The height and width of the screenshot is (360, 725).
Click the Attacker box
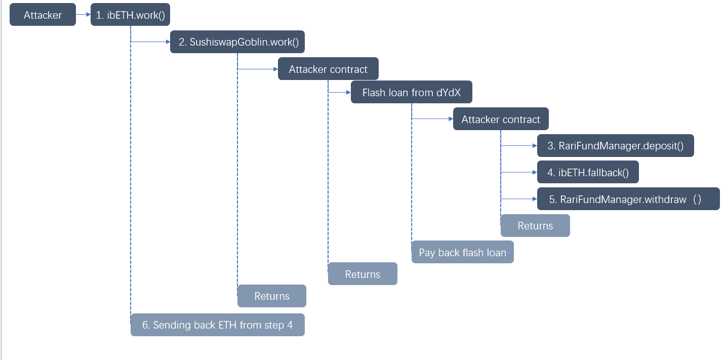(43, 15)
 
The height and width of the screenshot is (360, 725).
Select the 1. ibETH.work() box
(130, 15)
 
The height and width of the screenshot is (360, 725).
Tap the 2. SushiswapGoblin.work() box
(237, 42)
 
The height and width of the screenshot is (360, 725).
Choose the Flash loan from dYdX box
(411, 93)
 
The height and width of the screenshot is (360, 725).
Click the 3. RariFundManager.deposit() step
(615, 146)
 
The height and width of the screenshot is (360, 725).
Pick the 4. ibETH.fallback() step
(588, 172)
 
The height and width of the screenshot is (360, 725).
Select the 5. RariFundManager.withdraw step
(628, 199)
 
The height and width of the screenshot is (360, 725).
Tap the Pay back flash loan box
(462, 252)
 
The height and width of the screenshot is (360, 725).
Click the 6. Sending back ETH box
(217, 325)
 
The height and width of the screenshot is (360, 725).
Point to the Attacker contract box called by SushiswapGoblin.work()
(328, 69)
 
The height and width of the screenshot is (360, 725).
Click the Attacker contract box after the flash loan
(501, 119)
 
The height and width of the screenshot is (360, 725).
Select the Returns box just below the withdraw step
(535, 226)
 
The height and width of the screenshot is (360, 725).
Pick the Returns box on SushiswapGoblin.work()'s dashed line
(272, 296)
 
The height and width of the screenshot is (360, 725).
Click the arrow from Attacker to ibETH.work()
(83, 15)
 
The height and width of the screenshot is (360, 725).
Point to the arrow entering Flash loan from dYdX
(340, 93)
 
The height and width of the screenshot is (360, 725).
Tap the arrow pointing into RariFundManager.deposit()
(519, 146)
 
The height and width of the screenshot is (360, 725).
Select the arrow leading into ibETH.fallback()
(519, 172)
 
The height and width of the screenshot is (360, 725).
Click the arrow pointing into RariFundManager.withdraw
(519, 199)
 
